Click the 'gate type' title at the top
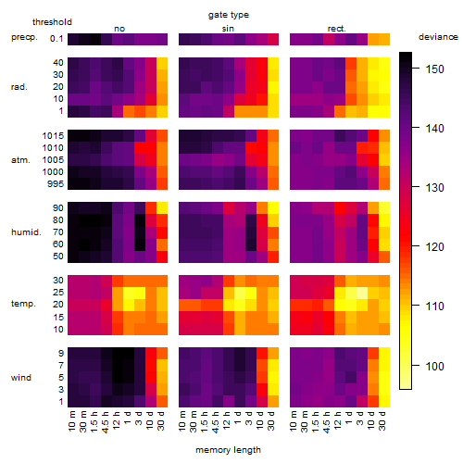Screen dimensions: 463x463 coord(229,15)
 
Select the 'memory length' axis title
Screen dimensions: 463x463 coord(228,450)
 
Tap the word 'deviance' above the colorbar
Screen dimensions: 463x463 coord(438,37)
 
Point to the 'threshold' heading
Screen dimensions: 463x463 coord(52,22)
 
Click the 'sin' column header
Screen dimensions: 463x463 coord(228,29)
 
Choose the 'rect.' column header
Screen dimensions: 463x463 coord(336,29)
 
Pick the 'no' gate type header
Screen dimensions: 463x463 coord(119,29)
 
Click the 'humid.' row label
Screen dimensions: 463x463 coord(26,232)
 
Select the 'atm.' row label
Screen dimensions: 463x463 coord(20,160)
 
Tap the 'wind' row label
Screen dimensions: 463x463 coord(21,378)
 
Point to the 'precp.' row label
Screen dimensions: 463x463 coord(24,37)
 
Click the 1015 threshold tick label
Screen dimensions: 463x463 coord(53,136)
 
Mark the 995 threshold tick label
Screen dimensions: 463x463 coord(56,184)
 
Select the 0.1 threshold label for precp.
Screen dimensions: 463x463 coord(56,39)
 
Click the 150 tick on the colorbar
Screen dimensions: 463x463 coord(435,69)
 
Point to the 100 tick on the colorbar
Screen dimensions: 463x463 coord(435,366)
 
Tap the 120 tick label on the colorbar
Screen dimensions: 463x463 coord(435,247)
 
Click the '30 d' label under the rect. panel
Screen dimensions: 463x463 coord(382,421)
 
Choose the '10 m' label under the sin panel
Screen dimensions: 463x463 coord(182,421)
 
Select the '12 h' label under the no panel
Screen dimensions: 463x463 coord(116,420)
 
